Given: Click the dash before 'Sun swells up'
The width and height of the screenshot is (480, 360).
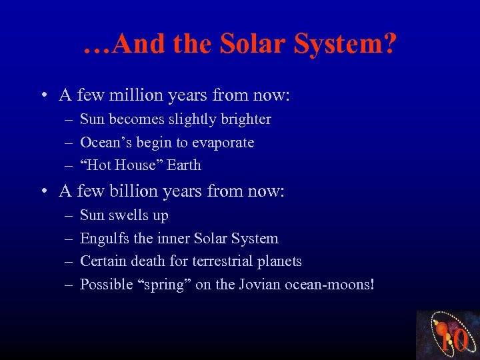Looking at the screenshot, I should pos(69,216).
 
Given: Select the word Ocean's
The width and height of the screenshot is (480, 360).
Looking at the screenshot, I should pos(103,142).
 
